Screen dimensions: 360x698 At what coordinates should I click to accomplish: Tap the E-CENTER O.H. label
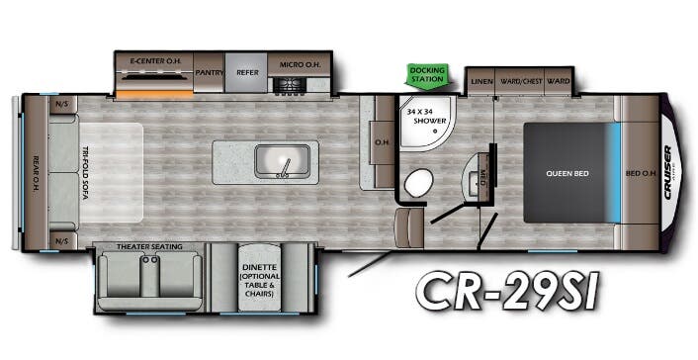coord(154,61)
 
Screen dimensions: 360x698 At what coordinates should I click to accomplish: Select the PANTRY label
coord(209,72)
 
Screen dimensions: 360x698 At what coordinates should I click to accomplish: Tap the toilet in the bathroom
coord(418,182)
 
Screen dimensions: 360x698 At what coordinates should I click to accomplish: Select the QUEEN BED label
coord(567,173)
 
